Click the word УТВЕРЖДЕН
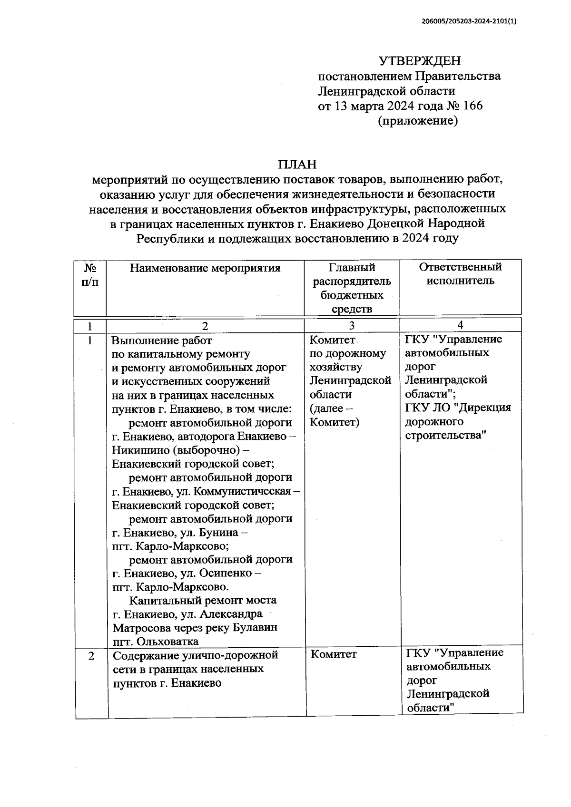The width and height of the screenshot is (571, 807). click(419, 61)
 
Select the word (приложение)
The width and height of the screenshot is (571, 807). click(417, 121)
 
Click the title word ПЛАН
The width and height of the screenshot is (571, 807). click(297, 165)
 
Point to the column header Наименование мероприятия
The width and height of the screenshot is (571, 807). click(205, 268)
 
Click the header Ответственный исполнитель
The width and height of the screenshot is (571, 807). click(460, 273)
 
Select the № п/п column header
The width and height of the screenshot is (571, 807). click(90, 275)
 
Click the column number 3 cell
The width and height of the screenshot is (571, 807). click(351, 326)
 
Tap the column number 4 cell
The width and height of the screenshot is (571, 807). click(460, 325)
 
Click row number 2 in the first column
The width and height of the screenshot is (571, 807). click(91, 656)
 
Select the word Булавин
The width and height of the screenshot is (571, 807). click(256, 628)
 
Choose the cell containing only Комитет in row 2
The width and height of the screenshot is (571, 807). click(334, 654)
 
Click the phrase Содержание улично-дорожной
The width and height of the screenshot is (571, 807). click(195, 655)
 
